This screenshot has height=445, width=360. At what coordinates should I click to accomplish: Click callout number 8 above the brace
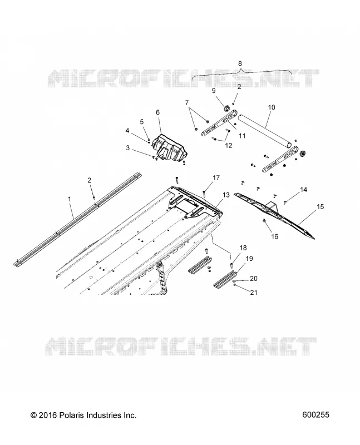tap(240, 63)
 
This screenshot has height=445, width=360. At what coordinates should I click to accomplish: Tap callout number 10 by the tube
tap(272, 107)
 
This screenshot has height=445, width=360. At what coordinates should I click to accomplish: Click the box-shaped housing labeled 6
tap(170, 147)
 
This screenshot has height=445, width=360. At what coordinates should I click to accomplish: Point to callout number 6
tap(158, 112)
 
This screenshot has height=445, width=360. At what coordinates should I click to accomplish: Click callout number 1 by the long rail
tap(70, 199)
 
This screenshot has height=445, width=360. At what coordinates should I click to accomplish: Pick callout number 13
tap(226, 195)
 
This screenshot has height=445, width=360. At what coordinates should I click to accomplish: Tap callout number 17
tap(216, 178)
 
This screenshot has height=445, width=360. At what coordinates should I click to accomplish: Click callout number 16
tap(275, 236)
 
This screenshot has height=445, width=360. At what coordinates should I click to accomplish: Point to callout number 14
tap(304, 189)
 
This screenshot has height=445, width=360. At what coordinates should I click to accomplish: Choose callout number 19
tap(250, 259)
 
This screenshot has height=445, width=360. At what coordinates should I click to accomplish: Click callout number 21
tap(254, 292)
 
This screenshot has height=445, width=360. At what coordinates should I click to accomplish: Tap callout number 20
tap(254, 279)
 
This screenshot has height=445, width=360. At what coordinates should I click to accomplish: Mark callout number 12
tap(229, 145)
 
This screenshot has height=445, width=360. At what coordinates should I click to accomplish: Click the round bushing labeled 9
tap(227, 108)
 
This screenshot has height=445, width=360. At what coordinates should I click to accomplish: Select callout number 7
tap(187, 103)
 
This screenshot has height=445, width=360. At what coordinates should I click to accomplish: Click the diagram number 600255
tap(316, 415)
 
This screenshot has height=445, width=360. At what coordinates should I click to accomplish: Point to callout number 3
tap(128, 148)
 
